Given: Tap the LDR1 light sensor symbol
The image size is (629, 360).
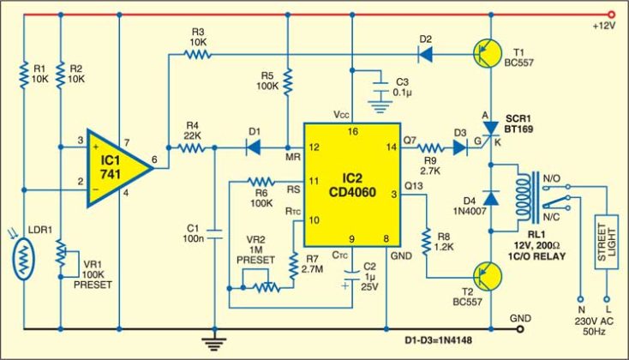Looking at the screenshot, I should coord(27,256).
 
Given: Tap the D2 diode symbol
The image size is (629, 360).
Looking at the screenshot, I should coord(426,54).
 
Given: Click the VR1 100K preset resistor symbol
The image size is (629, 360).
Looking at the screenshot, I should coord(60,255).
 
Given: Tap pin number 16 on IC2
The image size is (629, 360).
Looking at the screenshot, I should coord(351,131).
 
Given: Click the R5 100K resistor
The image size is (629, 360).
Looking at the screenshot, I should coord(289,83).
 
